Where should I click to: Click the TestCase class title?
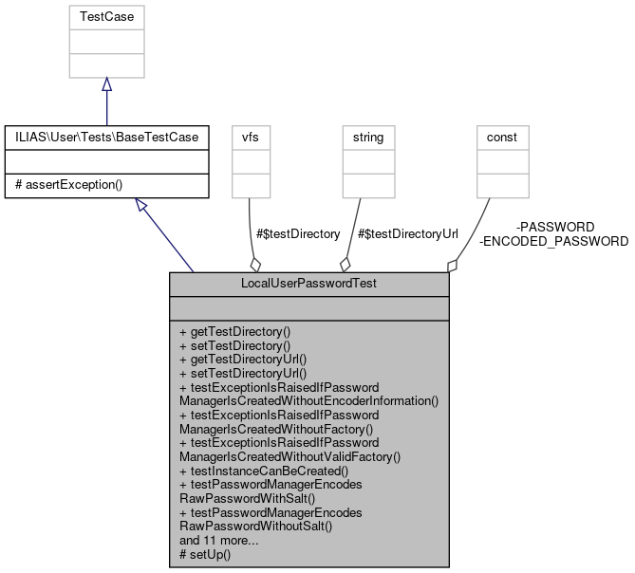point(106,16)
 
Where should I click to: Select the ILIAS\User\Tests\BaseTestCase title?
point(106,138)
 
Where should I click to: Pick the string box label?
point(368,138)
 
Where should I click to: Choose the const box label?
point(502,138)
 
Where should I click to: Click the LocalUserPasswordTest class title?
point(308,284)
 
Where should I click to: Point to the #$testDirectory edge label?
point(298,233)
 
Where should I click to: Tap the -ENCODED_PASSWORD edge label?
point(554,241)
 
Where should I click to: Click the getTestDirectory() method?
point(233,332)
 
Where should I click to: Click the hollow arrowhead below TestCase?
point(106,84)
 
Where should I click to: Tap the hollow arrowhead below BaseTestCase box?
point(141,205)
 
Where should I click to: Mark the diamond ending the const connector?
point(454,265)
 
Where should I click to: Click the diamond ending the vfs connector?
point(253,264)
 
